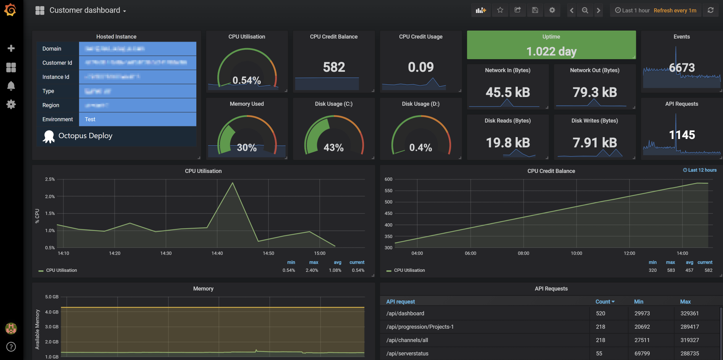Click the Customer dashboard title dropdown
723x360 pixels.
coord(87,10)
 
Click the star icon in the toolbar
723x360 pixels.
coord(500,10)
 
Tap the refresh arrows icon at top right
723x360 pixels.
coord(710,10)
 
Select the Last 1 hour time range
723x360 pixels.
coord(632,10)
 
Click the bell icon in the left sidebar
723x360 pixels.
coord(11,86)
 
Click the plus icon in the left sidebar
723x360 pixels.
coord(11,48)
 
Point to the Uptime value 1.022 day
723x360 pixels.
coord(551,51)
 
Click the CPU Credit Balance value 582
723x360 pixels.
coord(334,67)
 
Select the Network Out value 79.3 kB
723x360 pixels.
coord(595,92)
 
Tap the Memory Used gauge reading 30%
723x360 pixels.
coord(247,147)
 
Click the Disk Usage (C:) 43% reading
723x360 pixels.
coord(333,147)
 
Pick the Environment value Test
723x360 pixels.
coord(90,119)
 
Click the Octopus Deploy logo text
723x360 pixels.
coord(85,136)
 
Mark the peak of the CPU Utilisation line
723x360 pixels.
coord(233,183)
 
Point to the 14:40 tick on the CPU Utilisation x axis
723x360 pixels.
coord(217,253)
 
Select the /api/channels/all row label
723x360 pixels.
coord(407,340)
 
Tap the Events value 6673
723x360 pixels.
coord(682,68)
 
